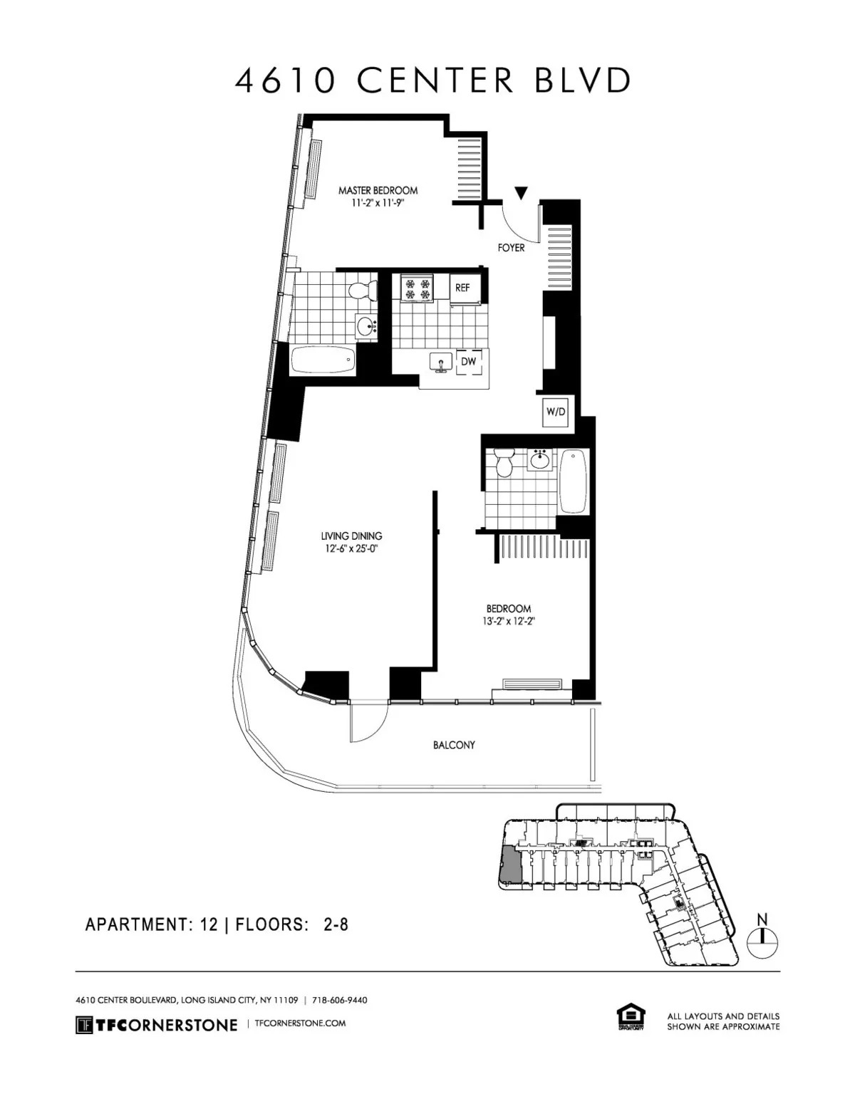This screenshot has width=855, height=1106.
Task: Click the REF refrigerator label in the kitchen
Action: click(462, 288)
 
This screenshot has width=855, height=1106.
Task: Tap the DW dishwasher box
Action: click(468, 362)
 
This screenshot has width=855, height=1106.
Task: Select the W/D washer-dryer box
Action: click(556, 412)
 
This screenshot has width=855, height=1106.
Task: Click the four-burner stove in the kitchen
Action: click(417, 288)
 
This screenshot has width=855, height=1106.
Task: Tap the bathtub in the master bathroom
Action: click(323, 360)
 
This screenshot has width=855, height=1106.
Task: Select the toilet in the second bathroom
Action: click(504, 463)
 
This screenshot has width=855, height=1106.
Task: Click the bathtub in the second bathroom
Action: click(573, 481)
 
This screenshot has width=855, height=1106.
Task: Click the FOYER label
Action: click(511, 248)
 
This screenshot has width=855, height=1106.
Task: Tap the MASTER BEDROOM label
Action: click(378, 191)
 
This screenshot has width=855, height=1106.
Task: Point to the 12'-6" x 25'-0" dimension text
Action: click(351, 548)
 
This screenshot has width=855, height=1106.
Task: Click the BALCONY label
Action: click(454, 745)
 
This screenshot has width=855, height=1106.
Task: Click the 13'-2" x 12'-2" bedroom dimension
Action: click(509, 621)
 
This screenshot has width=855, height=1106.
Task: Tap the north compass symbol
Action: click(762, 941)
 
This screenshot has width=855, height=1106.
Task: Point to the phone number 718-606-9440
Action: click(340, 1000)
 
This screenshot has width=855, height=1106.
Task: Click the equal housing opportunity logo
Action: click(631, 1017)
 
